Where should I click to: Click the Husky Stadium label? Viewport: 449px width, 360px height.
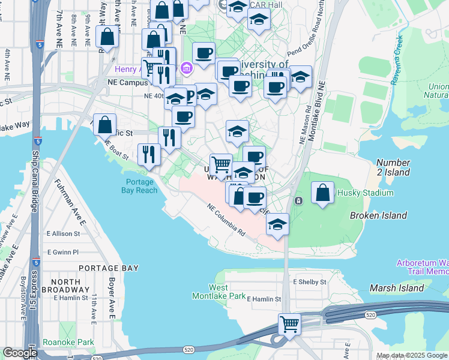click(365, 193)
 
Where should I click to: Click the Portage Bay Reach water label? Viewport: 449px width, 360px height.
click(141, 187)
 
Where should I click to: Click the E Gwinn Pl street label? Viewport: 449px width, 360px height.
click(62, 252)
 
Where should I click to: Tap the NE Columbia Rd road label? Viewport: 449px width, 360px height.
click(226, 220)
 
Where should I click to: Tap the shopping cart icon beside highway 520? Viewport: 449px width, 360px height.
click(290, 324)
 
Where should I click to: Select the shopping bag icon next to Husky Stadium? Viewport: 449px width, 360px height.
click(323, 193)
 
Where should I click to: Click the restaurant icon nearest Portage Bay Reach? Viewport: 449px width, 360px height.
click(148, 154)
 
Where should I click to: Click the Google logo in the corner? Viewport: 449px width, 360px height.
click(20, 353)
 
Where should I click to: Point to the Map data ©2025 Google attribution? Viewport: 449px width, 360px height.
click(412, 355)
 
